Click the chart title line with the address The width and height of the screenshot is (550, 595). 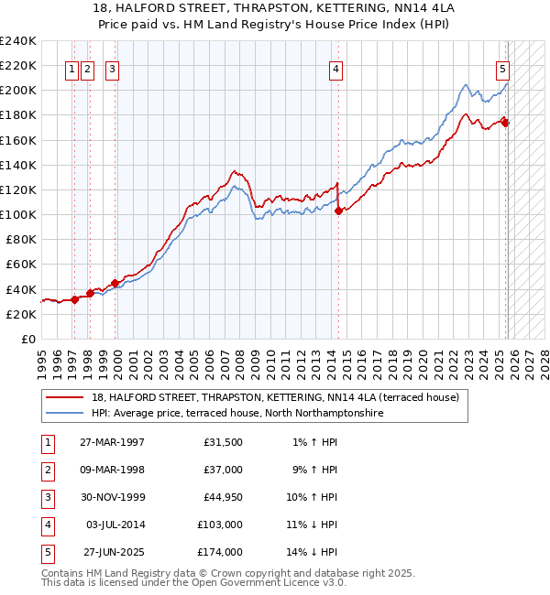pyautogui.click(x=274, y=8)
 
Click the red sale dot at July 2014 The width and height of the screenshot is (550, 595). pyautogui.click(x=338, y=211)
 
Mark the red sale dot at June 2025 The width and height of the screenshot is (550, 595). pyautogui.click(x=505, y=123)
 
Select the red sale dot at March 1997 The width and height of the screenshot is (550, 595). pyautogui.click(x=75, y=299)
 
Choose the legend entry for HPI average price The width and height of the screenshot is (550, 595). pyautogui.click(x=236, y=413)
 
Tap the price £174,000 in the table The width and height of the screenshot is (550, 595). pyautogui.click(x=220, y=552)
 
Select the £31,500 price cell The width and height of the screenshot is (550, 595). pyautogui.click(x=223, y=442)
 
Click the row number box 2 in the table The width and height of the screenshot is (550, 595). pyautogui.click(x=45, y=470)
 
